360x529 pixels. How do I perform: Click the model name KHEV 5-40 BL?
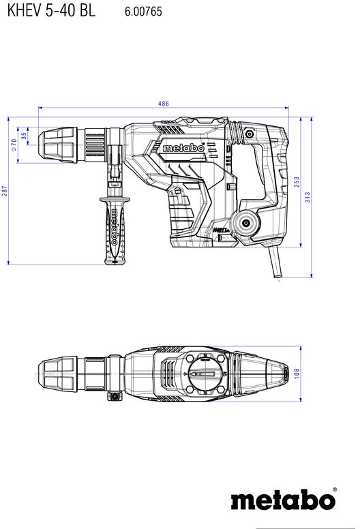tap(51, 10)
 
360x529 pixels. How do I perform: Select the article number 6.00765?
tap(143, 12)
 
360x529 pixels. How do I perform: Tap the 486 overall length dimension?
tap(164, 104)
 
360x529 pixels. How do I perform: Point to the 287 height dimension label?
tap(4, 191)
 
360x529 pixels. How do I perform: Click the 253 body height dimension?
tap(297, 182)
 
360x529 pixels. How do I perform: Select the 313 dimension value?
tap(307, 197)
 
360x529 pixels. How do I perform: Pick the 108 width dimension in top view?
tap(297, 374)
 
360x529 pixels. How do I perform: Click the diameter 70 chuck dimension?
tap(14, 145)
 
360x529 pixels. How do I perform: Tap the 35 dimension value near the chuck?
tap(24, 136)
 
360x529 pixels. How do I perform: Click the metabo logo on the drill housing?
tap(183, 148)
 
